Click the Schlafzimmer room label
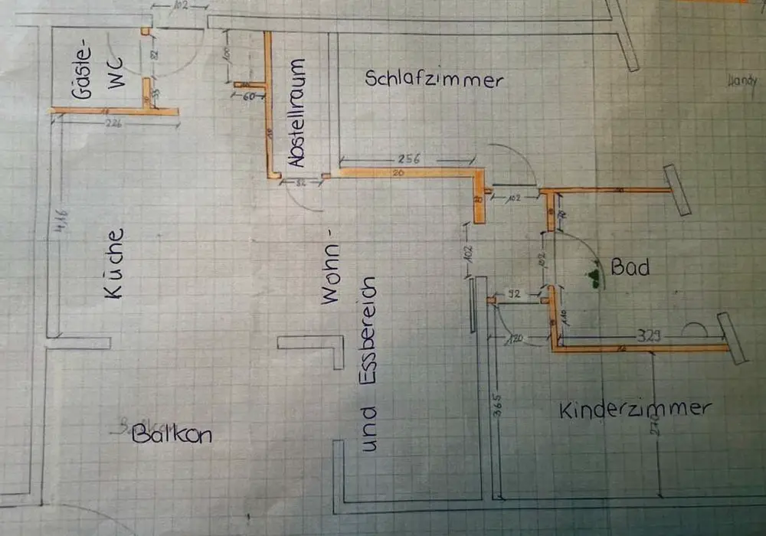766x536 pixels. pos(434,79)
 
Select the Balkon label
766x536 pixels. pos(171,436)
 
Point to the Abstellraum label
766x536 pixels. pos(297,113)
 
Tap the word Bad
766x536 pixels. pos(630,267)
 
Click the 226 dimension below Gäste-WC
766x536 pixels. pos(114,123)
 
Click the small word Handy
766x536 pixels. pos(742,80)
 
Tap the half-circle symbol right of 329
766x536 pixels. pos(695,329)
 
